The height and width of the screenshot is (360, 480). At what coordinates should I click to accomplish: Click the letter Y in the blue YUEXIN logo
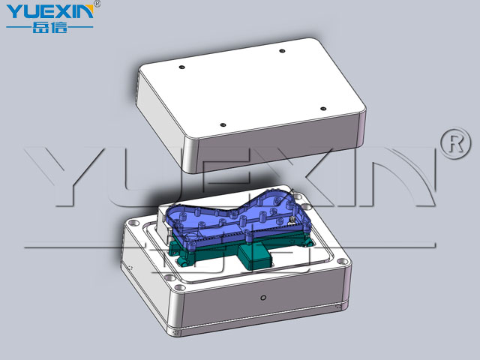(x=14, y=12)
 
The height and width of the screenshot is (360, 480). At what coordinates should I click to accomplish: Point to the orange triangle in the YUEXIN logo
(x=89, y=8)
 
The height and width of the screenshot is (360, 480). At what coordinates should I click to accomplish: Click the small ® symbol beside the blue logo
(x=97, y=4)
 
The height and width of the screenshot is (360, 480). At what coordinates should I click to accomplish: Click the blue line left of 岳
(x=19, y=27)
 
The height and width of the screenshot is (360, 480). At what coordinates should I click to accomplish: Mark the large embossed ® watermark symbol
(x=456, y=143)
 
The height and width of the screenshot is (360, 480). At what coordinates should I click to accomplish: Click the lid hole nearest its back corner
(x=282, y=51)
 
